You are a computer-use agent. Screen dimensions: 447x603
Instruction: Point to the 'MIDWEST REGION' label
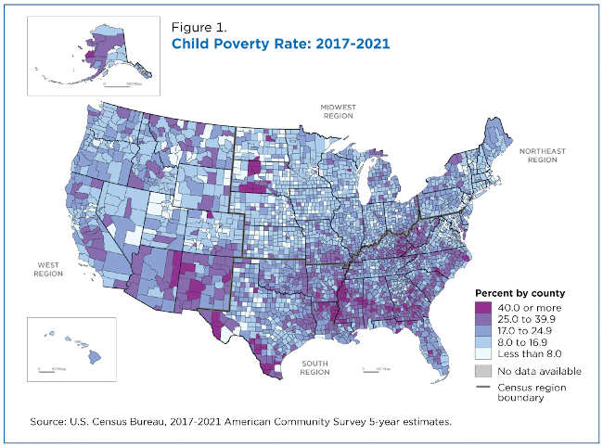point(339,112)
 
